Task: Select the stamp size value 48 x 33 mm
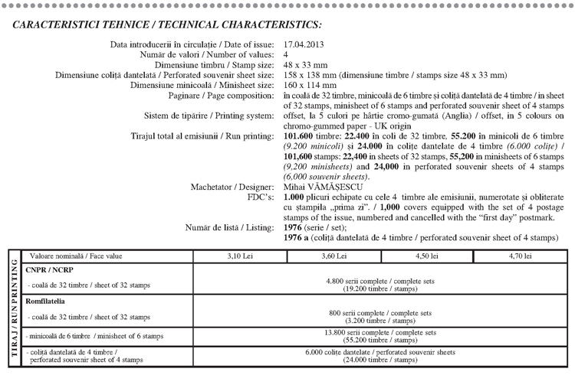tap(306, 65)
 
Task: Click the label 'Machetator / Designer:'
tap(229, 186)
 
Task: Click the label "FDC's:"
tap(258, 196)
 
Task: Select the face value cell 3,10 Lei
tap(240, 256)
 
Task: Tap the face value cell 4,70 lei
tap(520, 256)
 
